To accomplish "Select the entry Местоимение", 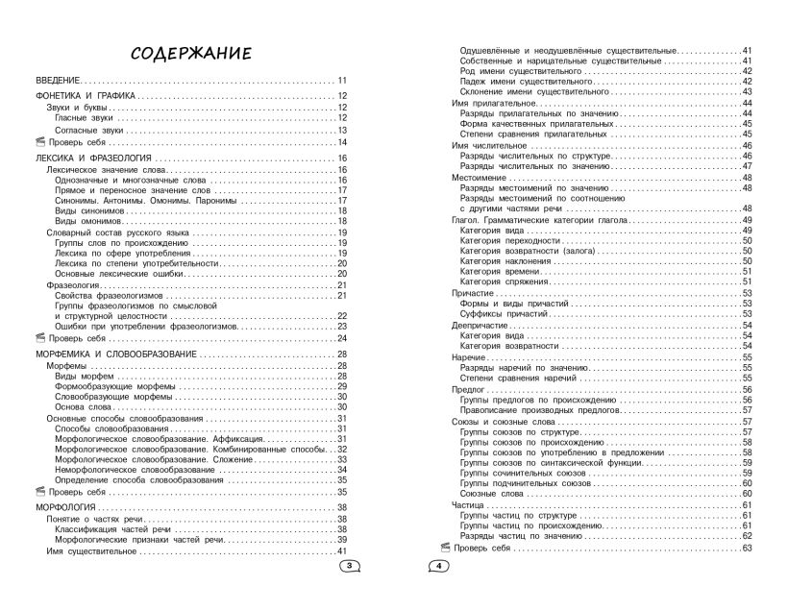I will [x=480, y=178].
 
